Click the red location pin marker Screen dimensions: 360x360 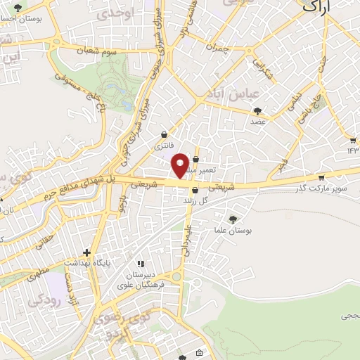181,165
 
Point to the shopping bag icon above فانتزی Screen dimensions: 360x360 164,134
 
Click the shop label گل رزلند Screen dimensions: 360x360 196,200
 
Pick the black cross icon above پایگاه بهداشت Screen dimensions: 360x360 87,252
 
